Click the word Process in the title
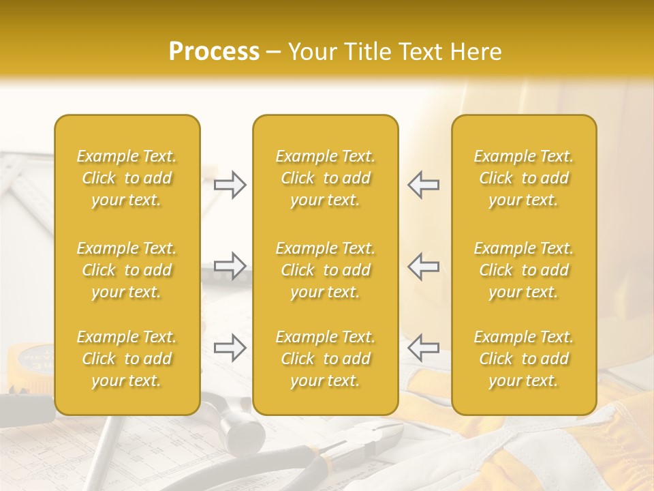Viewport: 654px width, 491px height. pyautogui.click(x=214, y=52)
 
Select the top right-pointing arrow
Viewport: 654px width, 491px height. pyautogui.click(x=230, y=185)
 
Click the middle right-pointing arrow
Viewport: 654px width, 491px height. pyautogui.click(x=230, y=266)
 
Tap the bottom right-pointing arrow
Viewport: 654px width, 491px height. pyautogui.click(x=230, y=348)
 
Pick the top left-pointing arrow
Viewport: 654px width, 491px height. pyautogui.click(x=423, y=185)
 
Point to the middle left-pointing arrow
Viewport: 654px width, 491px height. pyautogui.click(x=423, y=266)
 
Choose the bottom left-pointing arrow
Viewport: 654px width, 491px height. pyautogui.click(x=423, y=348)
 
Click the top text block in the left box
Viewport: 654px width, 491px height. pyautogui.click(x=127, y=178)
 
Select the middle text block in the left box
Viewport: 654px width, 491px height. pyautogui.click(x=127, y=270)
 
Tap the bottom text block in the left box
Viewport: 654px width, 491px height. pyautogui.click(x=127, y=359)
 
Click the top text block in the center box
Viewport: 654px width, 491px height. pyautogui.click(x=326, y=178)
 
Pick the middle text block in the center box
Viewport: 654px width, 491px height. pyautogui.click(x=326, y=270)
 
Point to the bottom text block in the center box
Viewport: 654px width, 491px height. pyautogui.click(x=326, y=359)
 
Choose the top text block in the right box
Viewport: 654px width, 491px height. pyautogui.click(x=524, y=178)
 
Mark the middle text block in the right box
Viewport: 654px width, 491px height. pyautogui.click(x=524, y=270)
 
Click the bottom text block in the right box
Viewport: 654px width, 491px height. pyautogui.click(x=524, y=359)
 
